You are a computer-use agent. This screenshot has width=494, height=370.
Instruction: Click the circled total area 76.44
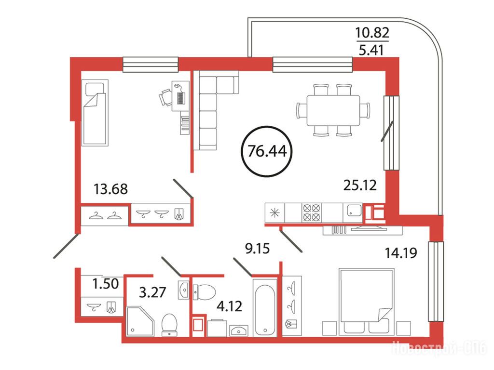tap(267, 151)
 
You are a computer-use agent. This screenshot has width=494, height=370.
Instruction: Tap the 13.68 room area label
tap(111, 189)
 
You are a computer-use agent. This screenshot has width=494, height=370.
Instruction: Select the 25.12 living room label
tap(360, 185)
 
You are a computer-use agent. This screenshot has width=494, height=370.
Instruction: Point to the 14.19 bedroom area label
tap(401, 252)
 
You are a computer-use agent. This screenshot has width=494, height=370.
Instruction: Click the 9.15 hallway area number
tap(258, 249)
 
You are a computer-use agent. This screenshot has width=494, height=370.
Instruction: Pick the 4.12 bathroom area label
tap(230, 306)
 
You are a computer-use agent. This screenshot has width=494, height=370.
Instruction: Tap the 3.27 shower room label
tap(152, 292)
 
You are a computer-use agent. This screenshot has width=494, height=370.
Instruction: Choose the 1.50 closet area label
tap(106, 284)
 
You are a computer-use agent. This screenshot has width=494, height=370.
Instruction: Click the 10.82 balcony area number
tap(372, 32)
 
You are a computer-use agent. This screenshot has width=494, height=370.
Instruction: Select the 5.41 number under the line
tap(371, 50)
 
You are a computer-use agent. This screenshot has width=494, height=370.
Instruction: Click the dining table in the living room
tap(333, 110)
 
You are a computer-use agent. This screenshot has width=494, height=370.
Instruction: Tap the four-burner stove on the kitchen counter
tap(311, 212)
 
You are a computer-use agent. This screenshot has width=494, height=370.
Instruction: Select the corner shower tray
tap(140, 321)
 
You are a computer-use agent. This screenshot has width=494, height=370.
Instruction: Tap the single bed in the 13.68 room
tap(95, 113)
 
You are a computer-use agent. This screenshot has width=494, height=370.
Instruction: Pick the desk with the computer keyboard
tap(180, 96)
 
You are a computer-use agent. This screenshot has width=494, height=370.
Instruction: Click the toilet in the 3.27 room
tap(169, 325)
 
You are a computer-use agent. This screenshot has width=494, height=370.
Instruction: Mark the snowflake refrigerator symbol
tap(275, 213)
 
